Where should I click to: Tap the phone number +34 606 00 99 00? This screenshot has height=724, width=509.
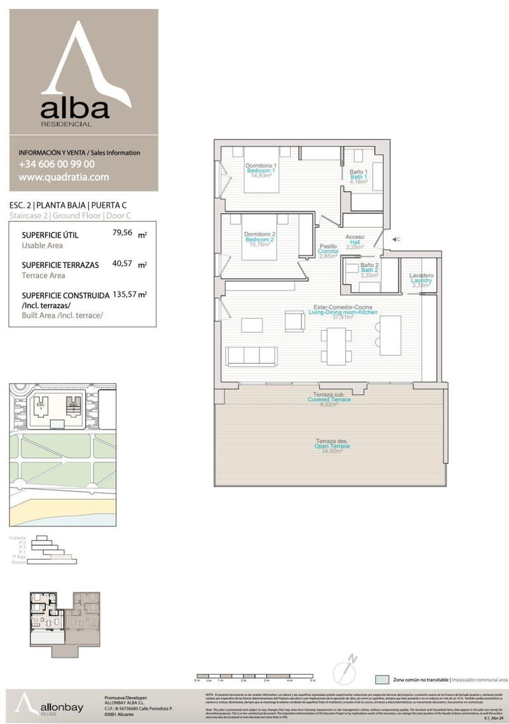tap(57, 164)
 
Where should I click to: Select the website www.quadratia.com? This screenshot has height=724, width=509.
tap(64, 178)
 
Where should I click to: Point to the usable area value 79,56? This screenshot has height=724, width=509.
tap(122, 233)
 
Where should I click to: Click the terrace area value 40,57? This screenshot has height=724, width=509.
tap(122, 263)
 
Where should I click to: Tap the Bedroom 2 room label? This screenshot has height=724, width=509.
tap(260, 239)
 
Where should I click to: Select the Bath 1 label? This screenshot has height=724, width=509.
tap(359, 176)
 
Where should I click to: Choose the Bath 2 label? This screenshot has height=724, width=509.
tap(370, 270)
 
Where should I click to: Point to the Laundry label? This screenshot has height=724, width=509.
tap(421, 280)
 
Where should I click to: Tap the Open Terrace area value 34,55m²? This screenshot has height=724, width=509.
tap(332, 451)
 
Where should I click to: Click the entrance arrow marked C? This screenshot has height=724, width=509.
tap(394, 239)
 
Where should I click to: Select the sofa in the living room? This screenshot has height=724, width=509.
tap(252, 356)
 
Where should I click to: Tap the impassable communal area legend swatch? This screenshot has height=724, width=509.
tap(382, 679)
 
